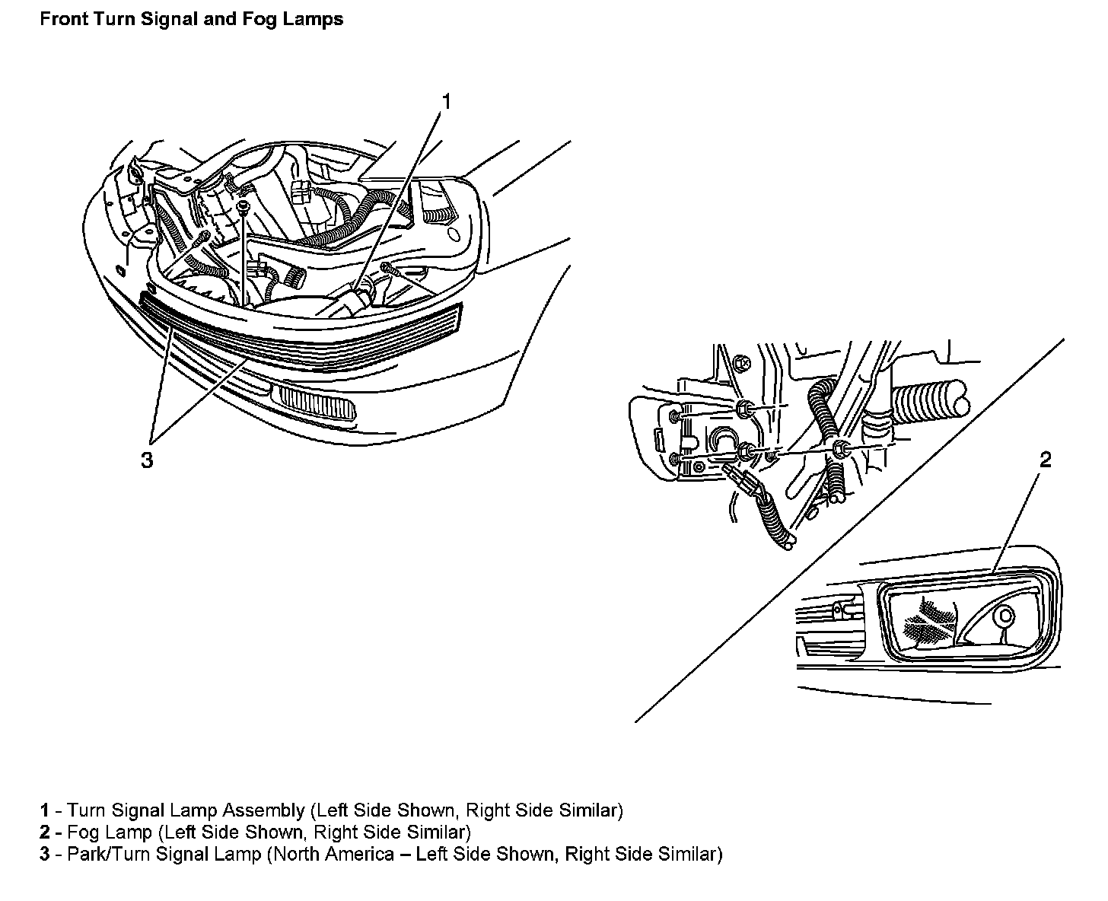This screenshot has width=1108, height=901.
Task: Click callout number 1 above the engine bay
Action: (447, 102)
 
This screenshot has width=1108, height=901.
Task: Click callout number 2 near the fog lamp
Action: (1046, 460)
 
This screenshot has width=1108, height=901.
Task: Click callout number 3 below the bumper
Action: (147, 460)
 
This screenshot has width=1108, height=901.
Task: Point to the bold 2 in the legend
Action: (45, 832)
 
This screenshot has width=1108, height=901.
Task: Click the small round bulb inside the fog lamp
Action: (1005, 615)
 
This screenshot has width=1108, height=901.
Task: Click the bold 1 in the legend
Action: (45, 810)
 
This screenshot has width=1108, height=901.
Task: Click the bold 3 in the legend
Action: (45, 854)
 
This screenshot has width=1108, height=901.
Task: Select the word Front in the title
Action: (63, 19)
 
